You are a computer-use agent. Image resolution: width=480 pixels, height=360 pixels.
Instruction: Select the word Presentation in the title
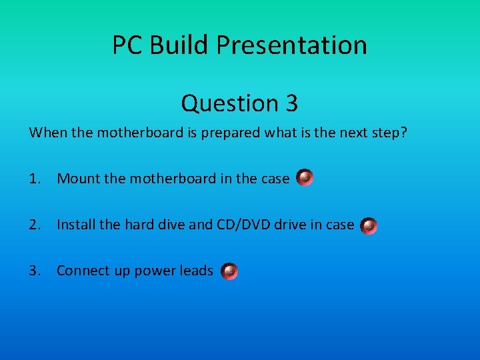pos(291,45)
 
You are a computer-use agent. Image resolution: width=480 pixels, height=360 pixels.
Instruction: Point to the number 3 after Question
pos(291,103)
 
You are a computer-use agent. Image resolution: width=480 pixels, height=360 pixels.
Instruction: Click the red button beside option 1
pos(305,178)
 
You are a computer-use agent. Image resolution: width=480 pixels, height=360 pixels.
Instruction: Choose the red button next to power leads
pos(229,271)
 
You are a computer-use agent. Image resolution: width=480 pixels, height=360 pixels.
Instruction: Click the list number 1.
pos(35,179)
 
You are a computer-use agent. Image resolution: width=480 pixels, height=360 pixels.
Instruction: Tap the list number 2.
pos(35,225)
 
